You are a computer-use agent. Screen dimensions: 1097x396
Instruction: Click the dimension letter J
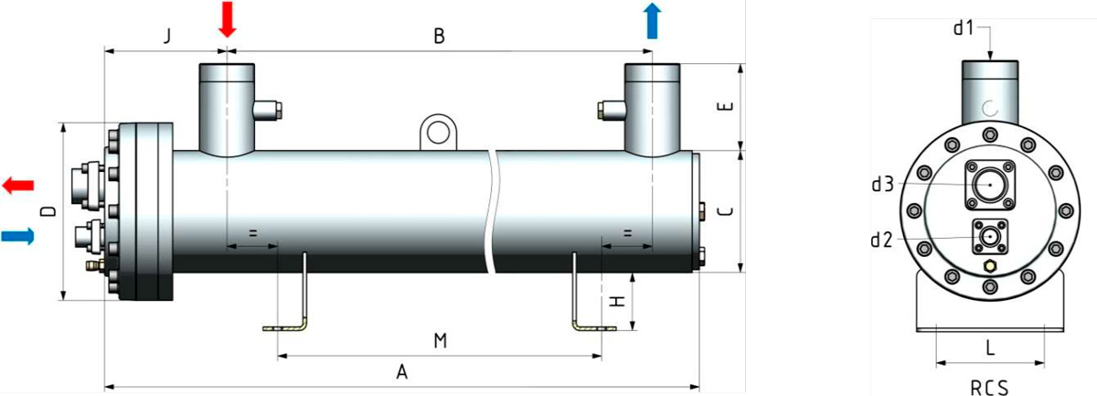coord(167,36)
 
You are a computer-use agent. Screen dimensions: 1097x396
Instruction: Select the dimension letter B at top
coord(440,36)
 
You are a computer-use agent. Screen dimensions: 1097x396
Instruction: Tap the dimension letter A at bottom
coord(402,372)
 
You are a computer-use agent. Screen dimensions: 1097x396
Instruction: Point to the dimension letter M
coord(441,340)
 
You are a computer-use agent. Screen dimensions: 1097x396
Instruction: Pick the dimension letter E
coord(728,106)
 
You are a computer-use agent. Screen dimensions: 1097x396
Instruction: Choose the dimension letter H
coord(619,301)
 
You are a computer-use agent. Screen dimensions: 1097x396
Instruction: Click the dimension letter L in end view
coord(990,348)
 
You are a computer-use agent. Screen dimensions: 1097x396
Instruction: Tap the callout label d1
coord(964,28)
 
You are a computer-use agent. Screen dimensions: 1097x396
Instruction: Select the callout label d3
coord(882,185)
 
